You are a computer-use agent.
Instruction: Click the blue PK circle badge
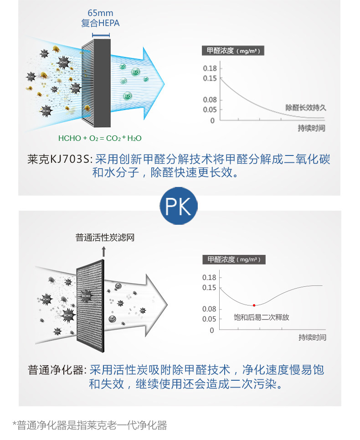click(x=179, y=206)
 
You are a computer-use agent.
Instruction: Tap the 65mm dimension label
click(x=100, y=13)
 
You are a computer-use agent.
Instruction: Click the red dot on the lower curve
click(x=254, y=305)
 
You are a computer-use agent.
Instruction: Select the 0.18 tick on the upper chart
click(x=210, y=68)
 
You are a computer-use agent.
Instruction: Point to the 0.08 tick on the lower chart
click(x=209, y=309)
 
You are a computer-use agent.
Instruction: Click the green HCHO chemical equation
click(x=103, y=138)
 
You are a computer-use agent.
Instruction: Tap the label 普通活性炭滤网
click(x=105, y=238)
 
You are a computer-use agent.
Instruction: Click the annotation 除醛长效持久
click(x=306, y=108)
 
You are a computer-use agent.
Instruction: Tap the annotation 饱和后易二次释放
click(x=262, y=317)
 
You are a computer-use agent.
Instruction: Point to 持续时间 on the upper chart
click(x=312, y=128)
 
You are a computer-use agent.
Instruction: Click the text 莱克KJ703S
click(x=60, y=159)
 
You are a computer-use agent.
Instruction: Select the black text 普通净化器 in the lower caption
click(x=56, y=369)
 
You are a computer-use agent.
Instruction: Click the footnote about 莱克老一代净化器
click(x=90, y=425)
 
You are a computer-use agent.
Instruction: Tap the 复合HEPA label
click(x=100, y=23)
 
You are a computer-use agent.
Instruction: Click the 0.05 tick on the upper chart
click(x=210, y=109)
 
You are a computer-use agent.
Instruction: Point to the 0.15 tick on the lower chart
click(x=209, y=287)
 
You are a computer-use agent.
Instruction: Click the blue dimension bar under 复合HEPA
click(x=100, y=35)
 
